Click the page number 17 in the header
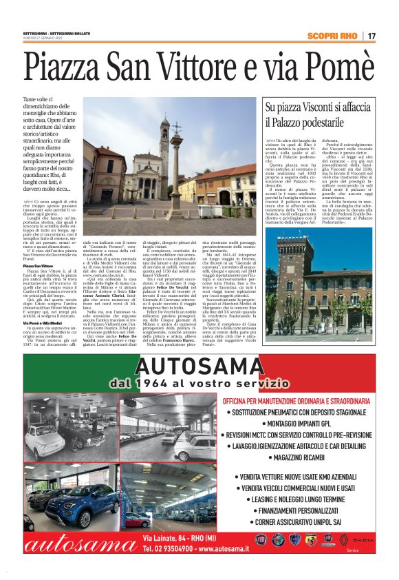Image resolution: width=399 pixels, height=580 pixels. (371, 36)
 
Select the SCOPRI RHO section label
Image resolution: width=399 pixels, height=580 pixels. (332, 36)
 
